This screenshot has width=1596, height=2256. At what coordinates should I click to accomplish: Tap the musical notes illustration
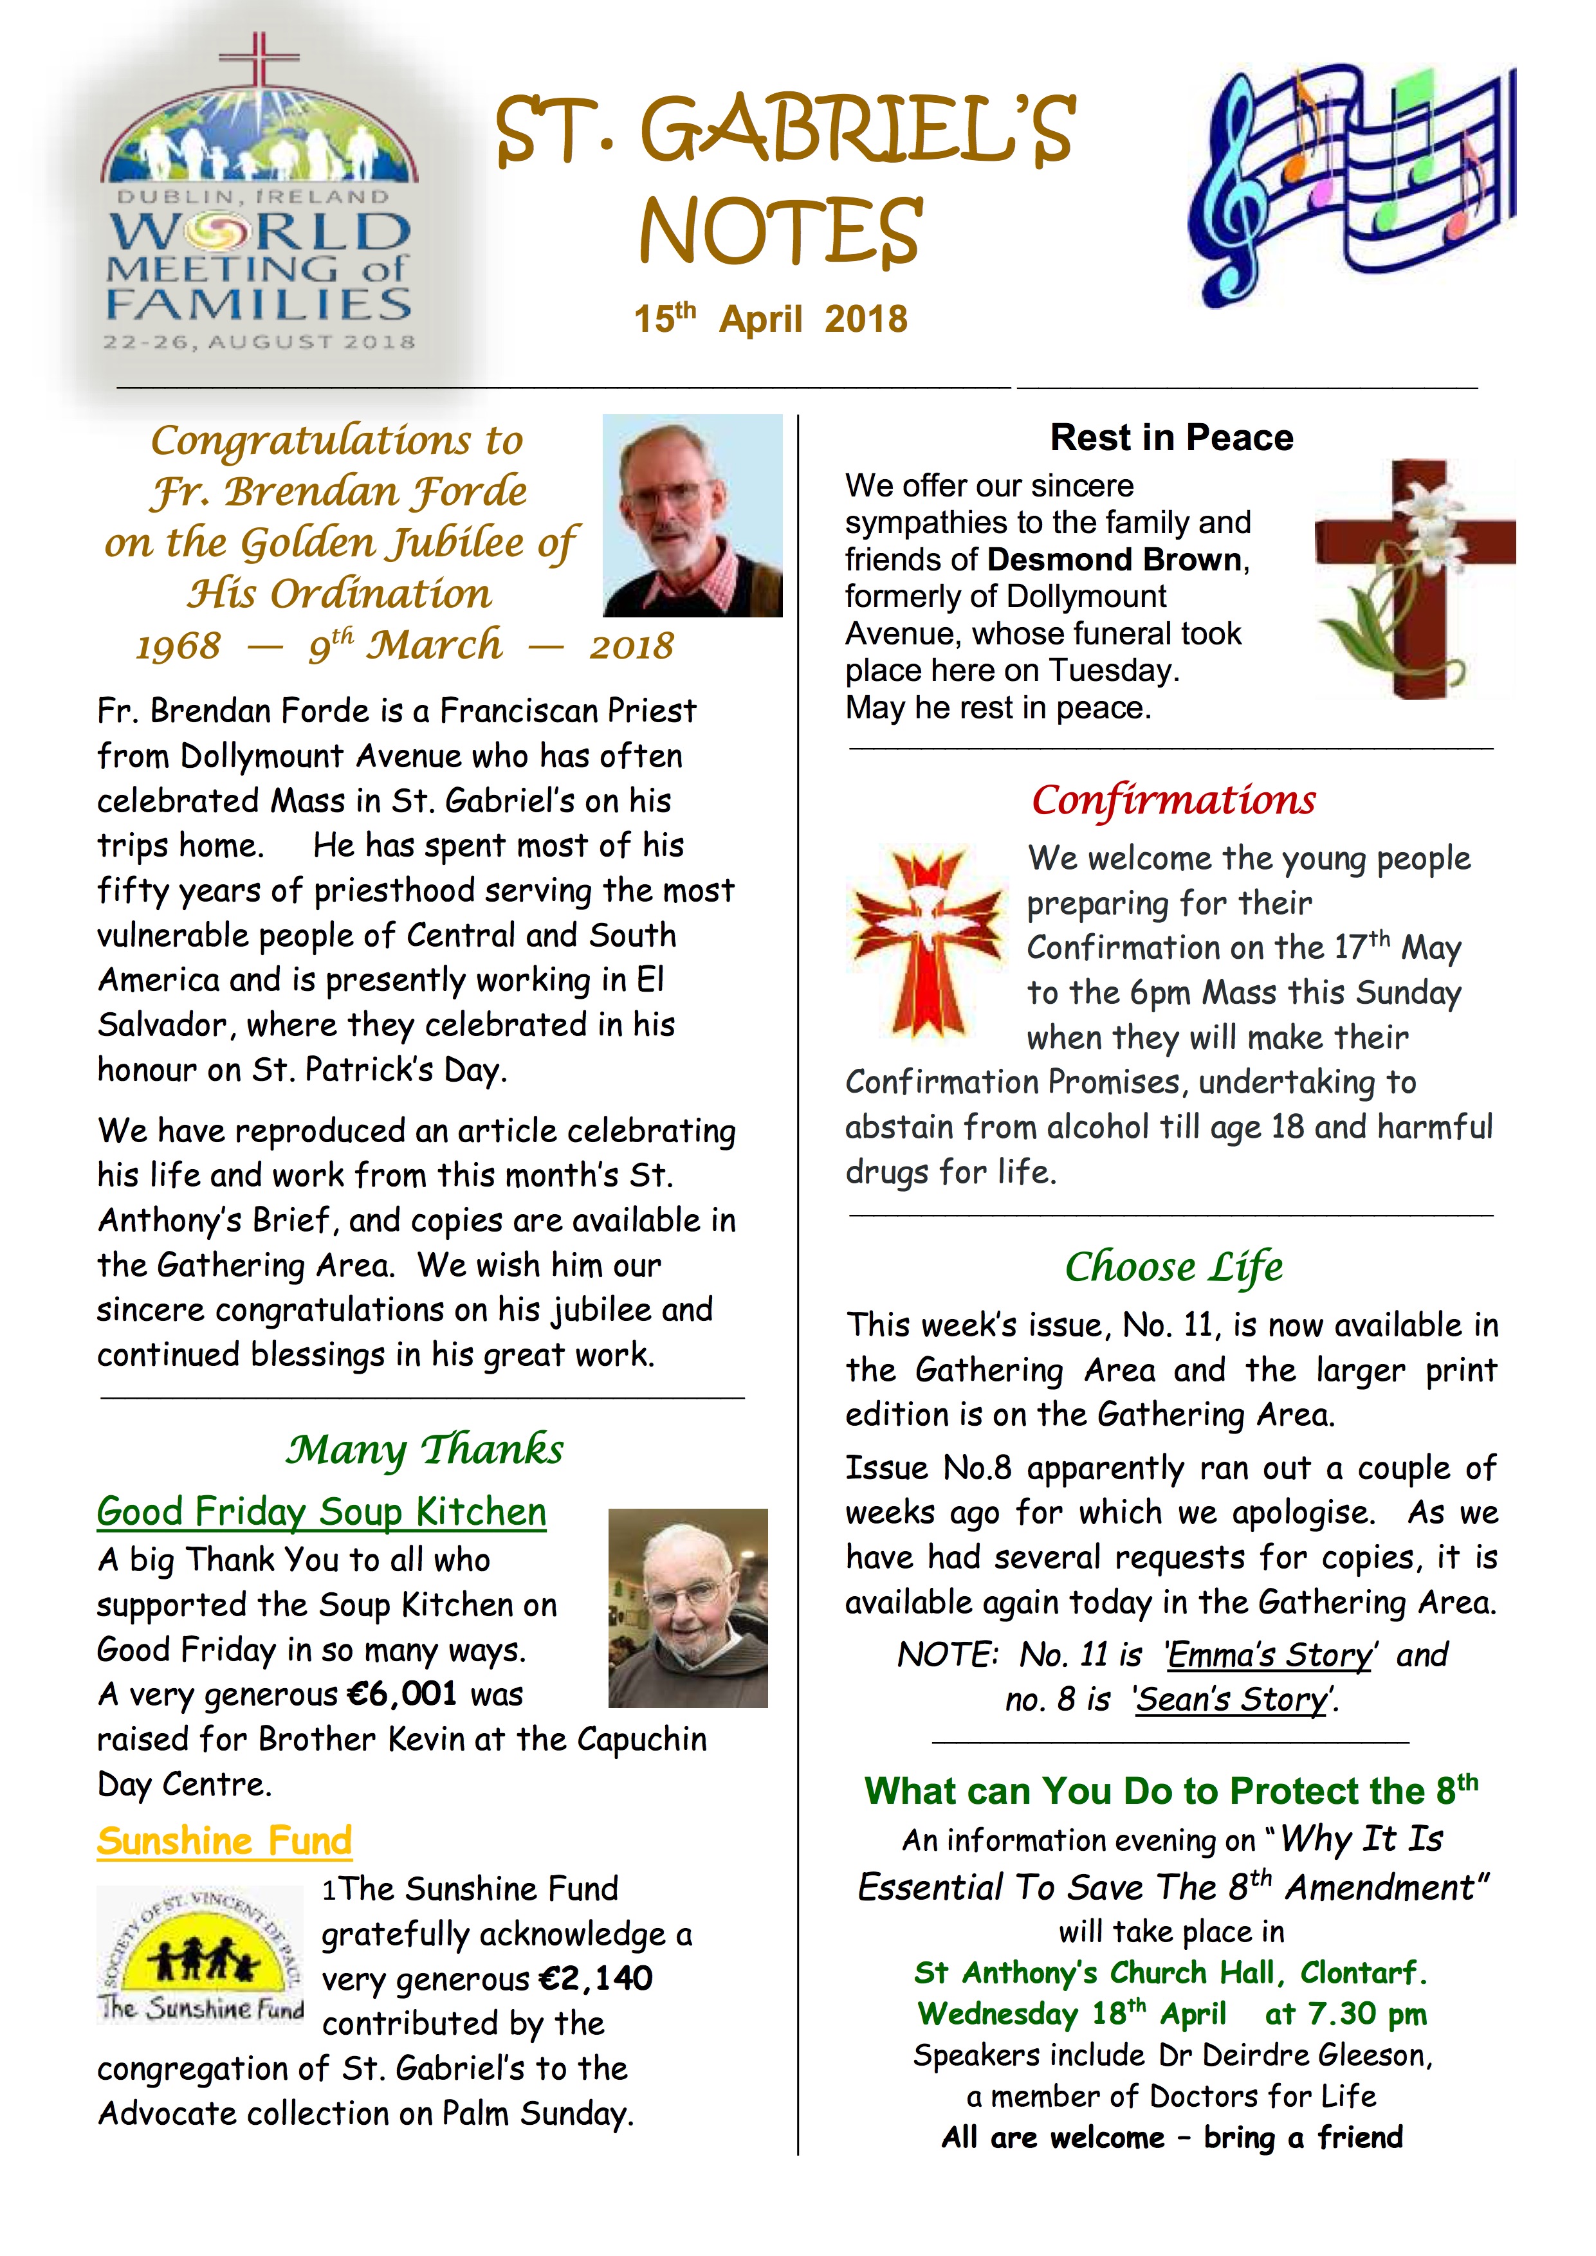[x=1352, y=186]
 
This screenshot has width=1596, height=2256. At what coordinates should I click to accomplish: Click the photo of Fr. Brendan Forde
[x=692, y=516]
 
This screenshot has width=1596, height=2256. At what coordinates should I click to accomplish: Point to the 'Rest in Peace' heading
[x=1171, y=437]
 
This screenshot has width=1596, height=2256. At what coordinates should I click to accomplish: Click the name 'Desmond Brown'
[x=1115, y=559]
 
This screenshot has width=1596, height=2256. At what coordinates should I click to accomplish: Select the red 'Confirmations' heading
[x=1173, y=800]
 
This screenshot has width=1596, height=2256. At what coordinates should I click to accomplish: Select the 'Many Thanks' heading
[x=425, y=1450]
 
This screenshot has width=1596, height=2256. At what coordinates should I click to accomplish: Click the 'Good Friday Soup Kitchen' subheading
[x=322, y=1511]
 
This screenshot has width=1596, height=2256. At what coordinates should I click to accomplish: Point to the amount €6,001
[x=402, y=1694]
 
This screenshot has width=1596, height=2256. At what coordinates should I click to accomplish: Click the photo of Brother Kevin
[x=688, y=1608]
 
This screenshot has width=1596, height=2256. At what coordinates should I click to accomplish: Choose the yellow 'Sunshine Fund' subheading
[x=224, y=1841]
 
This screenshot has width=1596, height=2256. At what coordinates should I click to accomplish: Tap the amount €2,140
[x=596, y=1978]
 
